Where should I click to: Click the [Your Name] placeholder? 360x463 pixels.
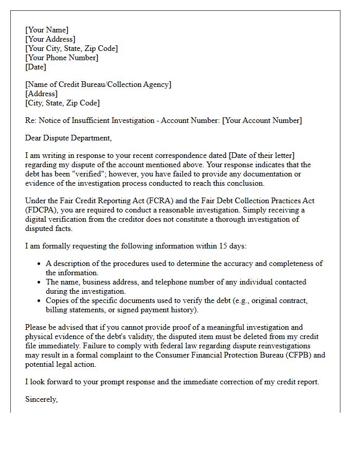[x=47, y=30]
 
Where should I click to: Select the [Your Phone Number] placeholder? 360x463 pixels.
[x=62, y=58]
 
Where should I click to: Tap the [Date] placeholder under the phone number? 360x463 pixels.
[x=35, y=67]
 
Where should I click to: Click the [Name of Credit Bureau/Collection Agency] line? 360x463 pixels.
[x=98, y=84]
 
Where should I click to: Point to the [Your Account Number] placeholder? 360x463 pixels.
[x=262, y=120]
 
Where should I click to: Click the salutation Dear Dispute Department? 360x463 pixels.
[x=68, y=138]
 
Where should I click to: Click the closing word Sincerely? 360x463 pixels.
[x=42, y=399]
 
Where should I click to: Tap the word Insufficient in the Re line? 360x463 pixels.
[x=88, y=120]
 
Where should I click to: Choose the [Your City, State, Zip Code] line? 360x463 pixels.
[x=71, y=48]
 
